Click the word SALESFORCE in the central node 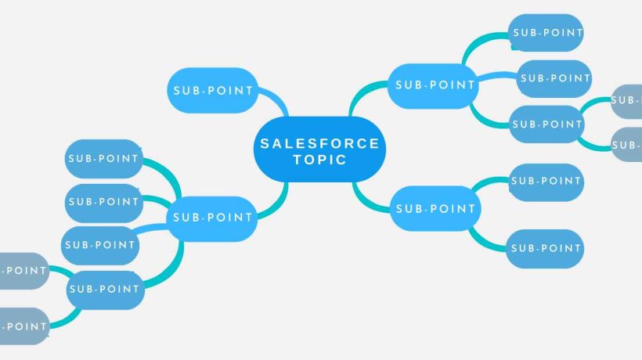coord(319,143)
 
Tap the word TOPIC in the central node coord(319,160)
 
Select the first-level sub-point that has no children coord(212,90)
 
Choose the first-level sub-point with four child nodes coord(213,218)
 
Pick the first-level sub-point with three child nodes coord(435,84)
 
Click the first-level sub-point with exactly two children coord(435,209)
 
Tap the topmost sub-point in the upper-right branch coord(546,33)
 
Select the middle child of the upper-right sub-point coord(555,78)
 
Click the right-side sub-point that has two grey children coord(546,124)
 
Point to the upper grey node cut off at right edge coord(626,100)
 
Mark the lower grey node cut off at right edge coord(626,145)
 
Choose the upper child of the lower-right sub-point coord(546,182)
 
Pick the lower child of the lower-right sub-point coord(546,249)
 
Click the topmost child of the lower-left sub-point coord(103,159)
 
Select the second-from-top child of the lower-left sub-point coord(103,202)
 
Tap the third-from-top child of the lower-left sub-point coord(100,245)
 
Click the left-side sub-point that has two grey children coord(103,289)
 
